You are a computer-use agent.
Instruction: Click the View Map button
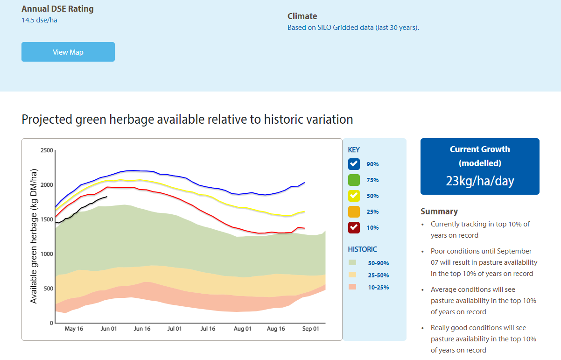[x=68, y=52]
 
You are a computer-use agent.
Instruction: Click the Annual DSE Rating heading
[x=57, y=9]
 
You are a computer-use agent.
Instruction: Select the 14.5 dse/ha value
[x=39, y=20]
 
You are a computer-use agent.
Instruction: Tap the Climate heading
[x=302, y=16]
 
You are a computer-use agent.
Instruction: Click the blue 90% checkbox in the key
[x=354, y=164]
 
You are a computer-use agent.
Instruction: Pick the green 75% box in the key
[x=354, y=180]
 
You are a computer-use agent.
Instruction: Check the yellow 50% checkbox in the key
[x=354, y=196]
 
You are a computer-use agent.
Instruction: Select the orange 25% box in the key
[x=354, y=212]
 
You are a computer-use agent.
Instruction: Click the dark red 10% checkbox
[x=354, y=227]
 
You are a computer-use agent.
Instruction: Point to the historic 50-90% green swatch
[x=352, y=263]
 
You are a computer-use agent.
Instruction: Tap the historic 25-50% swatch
[x=352, y=275]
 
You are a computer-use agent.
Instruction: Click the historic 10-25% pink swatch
[x=352, y=287]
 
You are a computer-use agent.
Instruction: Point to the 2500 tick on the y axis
[x=47, y=150]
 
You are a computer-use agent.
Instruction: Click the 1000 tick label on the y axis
[x=47, y=254]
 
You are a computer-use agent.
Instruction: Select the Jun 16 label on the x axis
[x=142, y=329]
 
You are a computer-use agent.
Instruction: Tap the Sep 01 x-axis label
[x=310, y=329]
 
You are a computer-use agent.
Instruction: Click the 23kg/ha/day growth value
[x=480, y=181]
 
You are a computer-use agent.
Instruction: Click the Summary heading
[x=439, y=212]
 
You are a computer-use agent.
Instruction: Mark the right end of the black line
[x=107, y=197]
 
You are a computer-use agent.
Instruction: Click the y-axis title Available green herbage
[x=34, y=237]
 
